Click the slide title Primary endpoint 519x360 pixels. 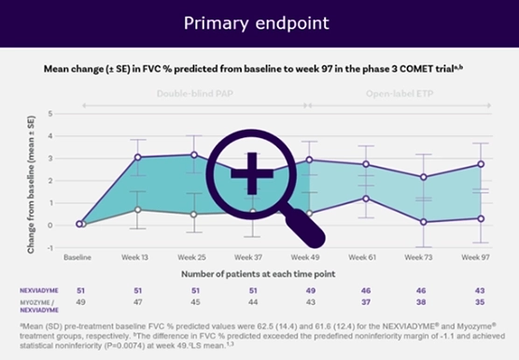(259, 21)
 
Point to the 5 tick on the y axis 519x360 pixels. (51, 115)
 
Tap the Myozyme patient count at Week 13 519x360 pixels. (137, 302)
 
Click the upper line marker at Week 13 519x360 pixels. (137, 158)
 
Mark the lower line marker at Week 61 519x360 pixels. (366, 198)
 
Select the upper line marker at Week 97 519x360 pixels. (480, 164)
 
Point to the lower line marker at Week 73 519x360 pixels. (423, 222)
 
